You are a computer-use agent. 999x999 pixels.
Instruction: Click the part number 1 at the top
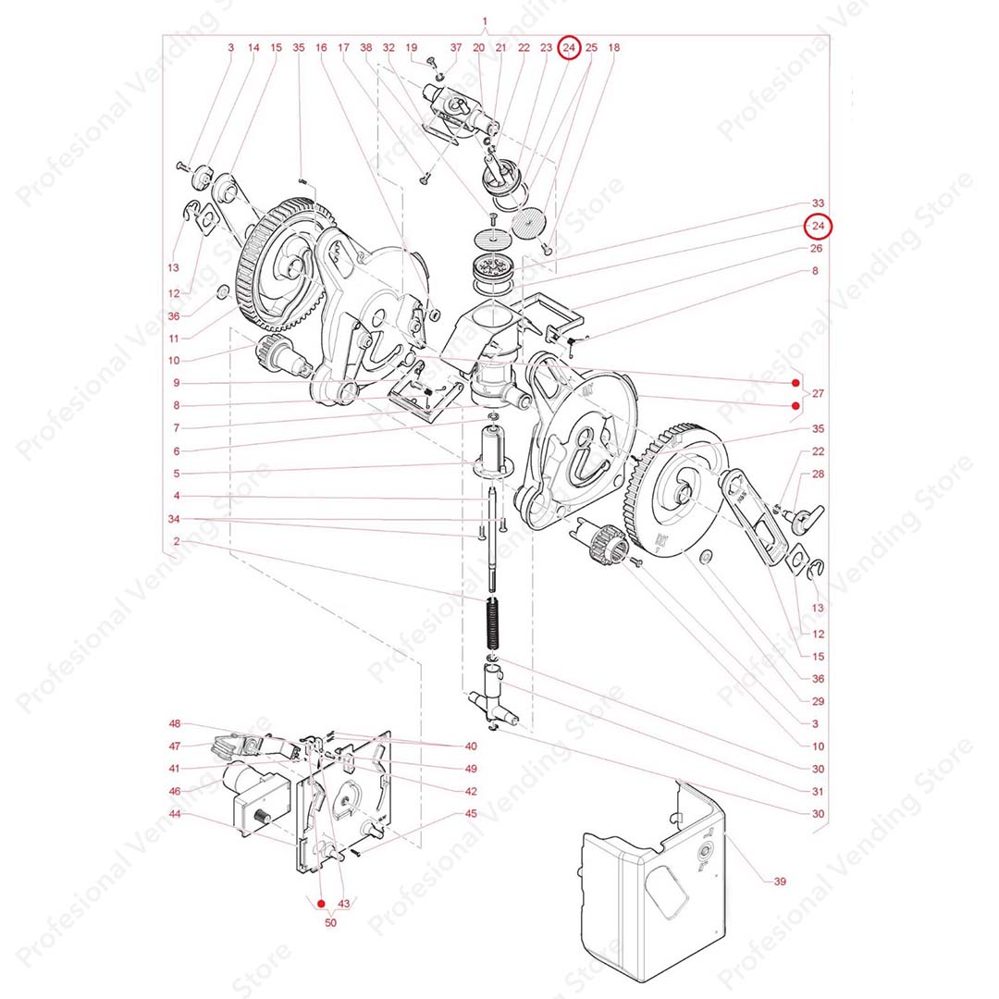[x=486, y=20]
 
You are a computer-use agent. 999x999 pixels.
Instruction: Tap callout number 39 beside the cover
[x=780, y=882]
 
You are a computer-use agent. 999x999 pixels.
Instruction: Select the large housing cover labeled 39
[x=647, y=888]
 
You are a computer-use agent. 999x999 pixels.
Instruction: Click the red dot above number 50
[x=321, y=903]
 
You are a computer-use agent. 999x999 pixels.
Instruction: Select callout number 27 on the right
[x=818, y=394]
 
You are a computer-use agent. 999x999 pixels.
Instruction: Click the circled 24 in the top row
[x=571, y=47]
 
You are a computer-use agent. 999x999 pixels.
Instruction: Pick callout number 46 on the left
[x=175, y=792]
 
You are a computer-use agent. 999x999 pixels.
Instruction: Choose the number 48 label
[x=175, y=723]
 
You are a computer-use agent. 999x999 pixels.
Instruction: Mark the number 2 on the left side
[x=175, y=541]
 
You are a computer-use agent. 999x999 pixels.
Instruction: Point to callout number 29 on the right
[x=818, y=701]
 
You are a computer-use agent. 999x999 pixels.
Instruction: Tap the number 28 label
[x=818, y=474]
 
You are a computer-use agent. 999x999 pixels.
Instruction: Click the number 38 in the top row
[x=366, y=47]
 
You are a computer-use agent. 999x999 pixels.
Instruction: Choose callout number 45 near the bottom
[x=471, y=814]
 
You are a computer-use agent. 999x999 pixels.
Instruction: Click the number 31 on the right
[x=818, y=791]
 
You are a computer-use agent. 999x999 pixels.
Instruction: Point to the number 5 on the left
[x=175, y=474]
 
